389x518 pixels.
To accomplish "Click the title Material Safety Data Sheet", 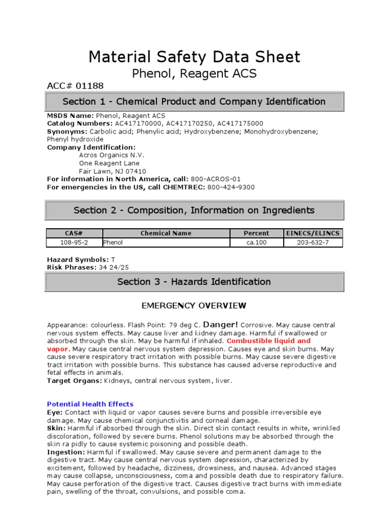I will coord(194,57).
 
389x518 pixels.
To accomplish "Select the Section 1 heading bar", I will coord(194,102).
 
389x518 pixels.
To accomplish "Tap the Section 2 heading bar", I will coord(194,210).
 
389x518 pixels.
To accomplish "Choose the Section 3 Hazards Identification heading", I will coord(194,282).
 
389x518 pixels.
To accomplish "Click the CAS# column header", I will coord(74,233).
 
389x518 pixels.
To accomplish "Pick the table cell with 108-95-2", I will coord(74,242).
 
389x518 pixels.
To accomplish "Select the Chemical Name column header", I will coord(166,233).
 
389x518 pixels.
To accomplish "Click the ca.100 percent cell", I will coord(256,242).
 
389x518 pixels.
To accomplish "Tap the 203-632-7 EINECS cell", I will coord(313,242).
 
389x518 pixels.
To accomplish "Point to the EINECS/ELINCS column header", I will coord(313,233).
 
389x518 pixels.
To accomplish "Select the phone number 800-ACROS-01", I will coord(216,179).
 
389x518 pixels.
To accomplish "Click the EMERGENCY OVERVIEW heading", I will coord(194,306).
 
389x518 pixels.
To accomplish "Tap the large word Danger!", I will coord(221,324).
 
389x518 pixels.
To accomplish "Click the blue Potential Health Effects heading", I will coord(90,404).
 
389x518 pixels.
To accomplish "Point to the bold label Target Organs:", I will coord(74,381).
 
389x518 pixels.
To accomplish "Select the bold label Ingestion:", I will coord(66,452).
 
